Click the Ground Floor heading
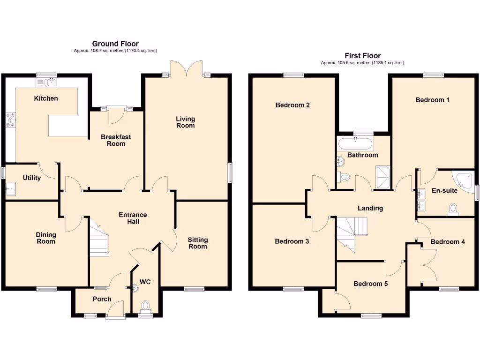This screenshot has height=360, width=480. (115, 44)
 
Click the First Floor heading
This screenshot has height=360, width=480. (362, 56)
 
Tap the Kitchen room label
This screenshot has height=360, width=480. (46, 98)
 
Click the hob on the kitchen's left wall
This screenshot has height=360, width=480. (10, 120)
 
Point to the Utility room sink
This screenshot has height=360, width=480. (11, 190)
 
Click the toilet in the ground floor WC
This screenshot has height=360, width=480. (145, 306)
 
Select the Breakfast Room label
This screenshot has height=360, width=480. (116, 140)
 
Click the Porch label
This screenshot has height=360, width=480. (102, 299)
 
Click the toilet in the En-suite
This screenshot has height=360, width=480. (453, 209)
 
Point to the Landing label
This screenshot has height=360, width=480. (370, 208)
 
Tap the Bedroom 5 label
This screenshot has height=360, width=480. (370, 284)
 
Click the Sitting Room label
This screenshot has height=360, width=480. (197, 243)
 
